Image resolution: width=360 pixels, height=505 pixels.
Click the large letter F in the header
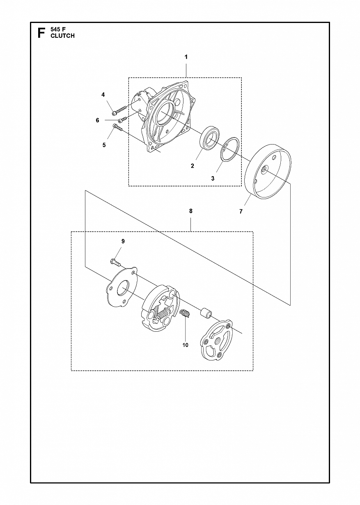pyautogui.click(x=41, y=33)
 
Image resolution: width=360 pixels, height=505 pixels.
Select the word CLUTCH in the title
pyautogui.click(x=62, y=36)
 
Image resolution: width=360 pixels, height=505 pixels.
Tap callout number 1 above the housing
pyautogui.click(x=186, y=57)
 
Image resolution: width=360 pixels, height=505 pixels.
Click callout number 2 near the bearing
pyautogui.click(x=192, y=166)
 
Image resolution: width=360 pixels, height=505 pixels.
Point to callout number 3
pyautogui.click(x=213, y=179)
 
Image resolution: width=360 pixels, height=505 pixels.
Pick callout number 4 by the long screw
pyautogui.click(x=103, y=95)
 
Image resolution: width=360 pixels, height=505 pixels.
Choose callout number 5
pyautogui.click(x=104, y=145)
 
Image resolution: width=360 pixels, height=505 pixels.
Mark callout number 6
pyautogui.click(x=97, y=120)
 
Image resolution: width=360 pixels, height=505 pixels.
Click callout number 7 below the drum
pyautogui.click(x=241, y=211)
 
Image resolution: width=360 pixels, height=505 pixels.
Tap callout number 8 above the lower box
pyautogui.click(x=191, y=211)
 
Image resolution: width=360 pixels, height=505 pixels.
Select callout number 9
pyautogui.click(x=123, y=241)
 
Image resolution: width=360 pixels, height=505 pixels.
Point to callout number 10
pyautogui.click(x=185, y=345)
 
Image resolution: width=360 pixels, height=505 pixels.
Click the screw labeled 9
pyautogui.click(x=116, y=262)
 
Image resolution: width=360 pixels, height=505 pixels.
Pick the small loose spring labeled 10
pyautogui.click(x=185, y=313)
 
